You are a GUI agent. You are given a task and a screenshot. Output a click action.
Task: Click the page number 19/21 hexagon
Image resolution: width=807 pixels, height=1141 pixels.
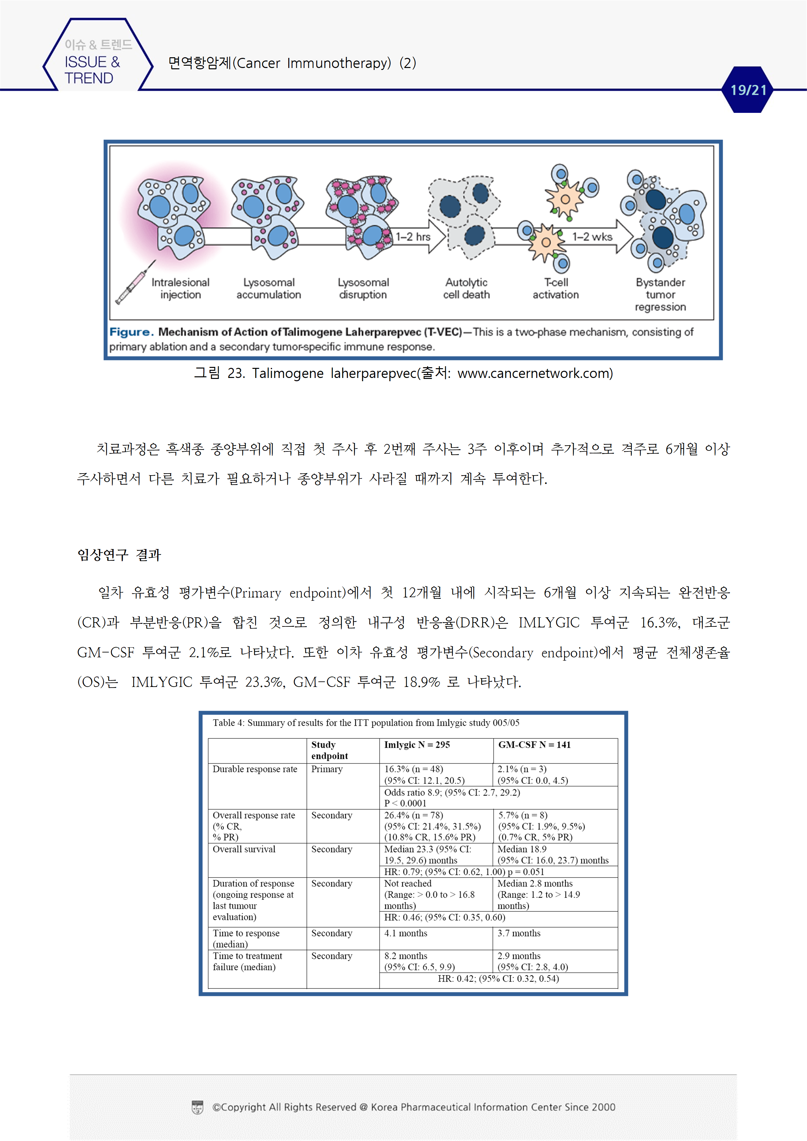coord(747,90)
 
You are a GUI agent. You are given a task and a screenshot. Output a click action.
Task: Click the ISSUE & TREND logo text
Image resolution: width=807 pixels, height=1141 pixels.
coord(92,70)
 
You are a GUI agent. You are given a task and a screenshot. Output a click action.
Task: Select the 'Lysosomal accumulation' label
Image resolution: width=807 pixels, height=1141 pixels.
coord(268,289)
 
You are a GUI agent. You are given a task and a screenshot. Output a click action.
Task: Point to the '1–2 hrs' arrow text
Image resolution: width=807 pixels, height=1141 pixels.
coord(413,237)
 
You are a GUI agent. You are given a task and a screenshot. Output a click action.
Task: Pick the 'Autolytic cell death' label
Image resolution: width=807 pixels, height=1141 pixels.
coord(466,289)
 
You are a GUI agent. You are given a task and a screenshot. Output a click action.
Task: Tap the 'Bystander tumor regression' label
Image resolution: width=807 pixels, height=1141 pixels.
coord(660,295)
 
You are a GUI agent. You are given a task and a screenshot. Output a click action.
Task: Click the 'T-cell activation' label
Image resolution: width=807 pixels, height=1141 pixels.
coord(555,289)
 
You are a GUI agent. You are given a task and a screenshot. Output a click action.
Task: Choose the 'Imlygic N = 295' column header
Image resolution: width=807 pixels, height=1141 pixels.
coord(417,745)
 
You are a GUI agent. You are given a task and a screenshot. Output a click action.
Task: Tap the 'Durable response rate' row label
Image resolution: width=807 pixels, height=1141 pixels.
coord(254,769)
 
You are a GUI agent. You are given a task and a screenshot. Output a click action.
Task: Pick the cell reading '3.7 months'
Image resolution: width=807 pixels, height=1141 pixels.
coord(519,933)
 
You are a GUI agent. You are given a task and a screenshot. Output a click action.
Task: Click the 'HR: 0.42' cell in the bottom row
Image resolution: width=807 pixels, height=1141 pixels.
coord(498,978)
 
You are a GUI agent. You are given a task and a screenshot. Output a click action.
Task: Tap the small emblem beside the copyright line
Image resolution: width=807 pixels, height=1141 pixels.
coord(198,1107)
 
